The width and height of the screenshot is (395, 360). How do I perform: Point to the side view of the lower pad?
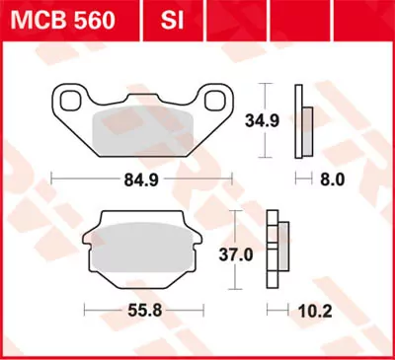277,251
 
